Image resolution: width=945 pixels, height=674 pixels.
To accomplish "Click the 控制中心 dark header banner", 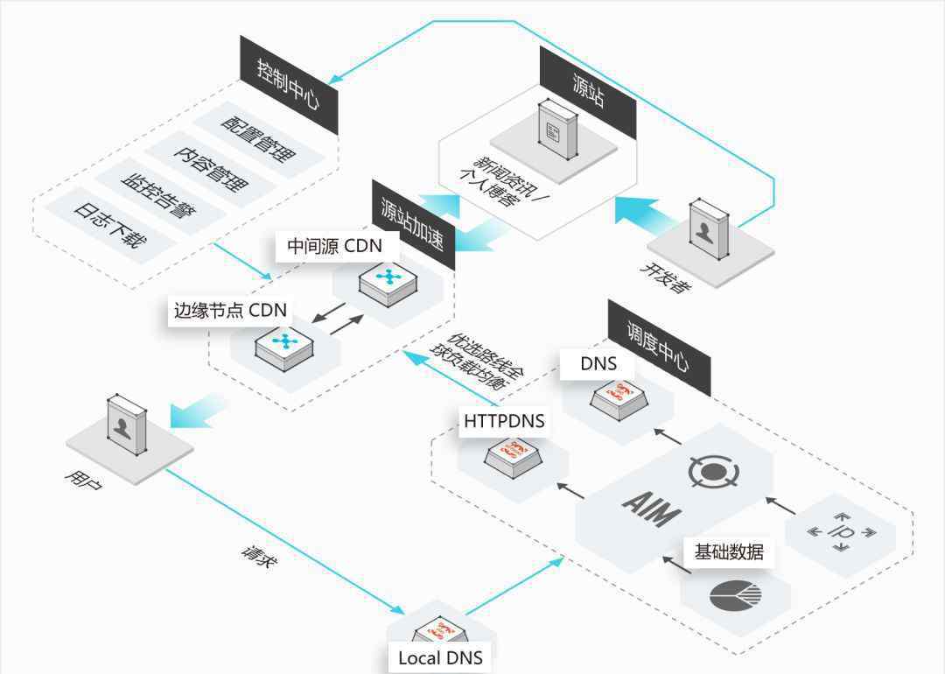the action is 289,84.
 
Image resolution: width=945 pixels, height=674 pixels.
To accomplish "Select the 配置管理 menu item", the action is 258,139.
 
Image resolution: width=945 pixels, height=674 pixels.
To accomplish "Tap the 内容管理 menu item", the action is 211,168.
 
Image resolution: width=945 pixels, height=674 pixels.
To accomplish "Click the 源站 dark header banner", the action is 588,92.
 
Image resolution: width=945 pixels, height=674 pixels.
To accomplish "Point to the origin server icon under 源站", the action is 557,129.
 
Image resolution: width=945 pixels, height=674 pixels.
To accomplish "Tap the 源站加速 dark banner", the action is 413,224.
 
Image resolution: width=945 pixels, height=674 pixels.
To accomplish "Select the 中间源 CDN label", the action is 335,246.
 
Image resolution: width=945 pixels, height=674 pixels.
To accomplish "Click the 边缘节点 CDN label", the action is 230,310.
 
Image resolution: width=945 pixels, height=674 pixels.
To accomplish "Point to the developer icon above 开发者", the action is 709,229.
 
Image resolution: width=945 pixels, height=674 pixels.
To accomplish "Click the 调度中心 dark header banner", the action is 659,348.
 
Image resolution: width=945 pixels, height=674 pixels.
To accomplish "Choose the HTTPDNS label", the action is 505,421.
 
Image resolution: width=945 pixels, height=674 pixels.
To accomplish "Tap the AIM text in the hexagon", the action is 652,509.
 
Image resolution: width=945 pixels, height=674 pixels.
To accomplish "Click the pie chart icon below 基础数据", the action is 735,596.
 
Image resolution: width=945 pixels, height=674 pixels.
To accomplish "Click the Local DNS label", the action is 440,657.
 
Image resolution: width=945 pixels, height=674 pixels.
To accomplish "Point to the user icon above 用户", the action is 127,425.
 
